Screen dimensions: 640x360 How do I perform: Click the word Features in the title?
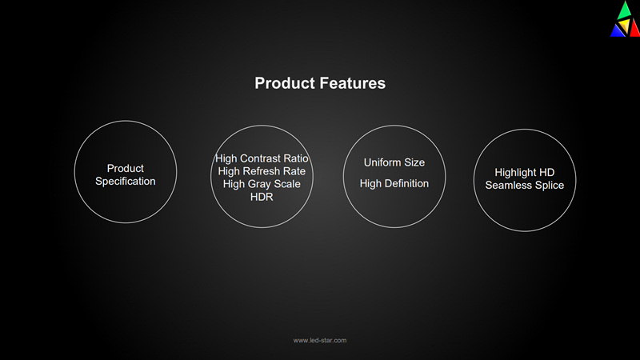tap(352, 83)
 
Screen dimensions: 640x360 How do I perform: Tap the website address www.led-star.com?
tap(320, 341)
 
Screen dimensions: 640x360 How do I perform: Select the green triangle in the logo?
tap(625, 10)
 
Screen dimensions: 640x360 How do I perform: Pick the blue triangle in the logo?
tap(617, 31)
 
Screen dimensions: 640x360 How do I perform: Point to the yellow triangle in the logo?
tap(624, 26)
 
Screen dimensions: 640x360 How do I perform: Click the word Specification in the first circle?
tap(126, 182)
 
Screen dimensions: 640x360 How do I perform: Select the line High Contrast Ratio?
tap(262, 158)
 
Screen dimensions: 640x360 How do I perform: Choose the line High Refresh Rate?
tap(262, 171)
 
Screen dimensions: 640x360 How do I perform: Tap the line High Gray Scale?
tap(262, 184)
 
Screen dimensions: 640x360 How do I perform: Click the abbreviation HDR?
tap(262, 197)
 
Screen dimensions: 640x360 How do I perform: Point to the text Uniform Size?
tap(394, 162)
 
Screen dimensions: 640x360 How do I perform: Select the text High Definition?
tap(394, 184)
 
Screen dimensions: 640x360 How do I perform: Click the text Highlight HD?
tap(525, 173)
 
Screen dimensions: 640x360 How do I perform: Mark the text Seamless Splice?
tap(525, 186)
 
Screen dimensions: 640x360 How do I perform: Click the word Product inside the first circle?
tap(126, 168)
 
